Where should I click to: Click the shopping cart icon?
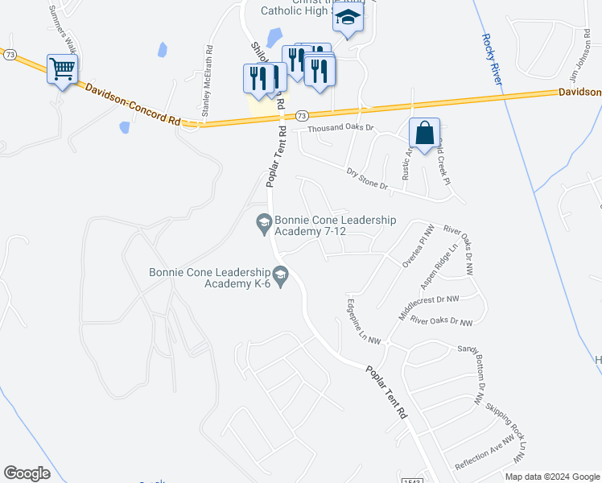(x=62, y=68)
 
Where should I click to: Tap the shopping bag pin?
(x=424, y=133)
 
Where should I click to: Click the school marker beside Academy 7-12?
(x=263, y=221)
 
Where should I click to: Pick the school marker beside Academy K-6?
(x=280, y=277)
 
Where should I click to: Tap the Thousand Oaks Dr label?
(x=341, y=128)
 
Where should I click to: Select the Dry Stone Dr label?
(x=367, y=179)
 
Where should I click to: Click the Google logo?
(x=27, y=473)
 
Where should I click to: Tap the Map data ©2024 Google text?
(x=551, y=477)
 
